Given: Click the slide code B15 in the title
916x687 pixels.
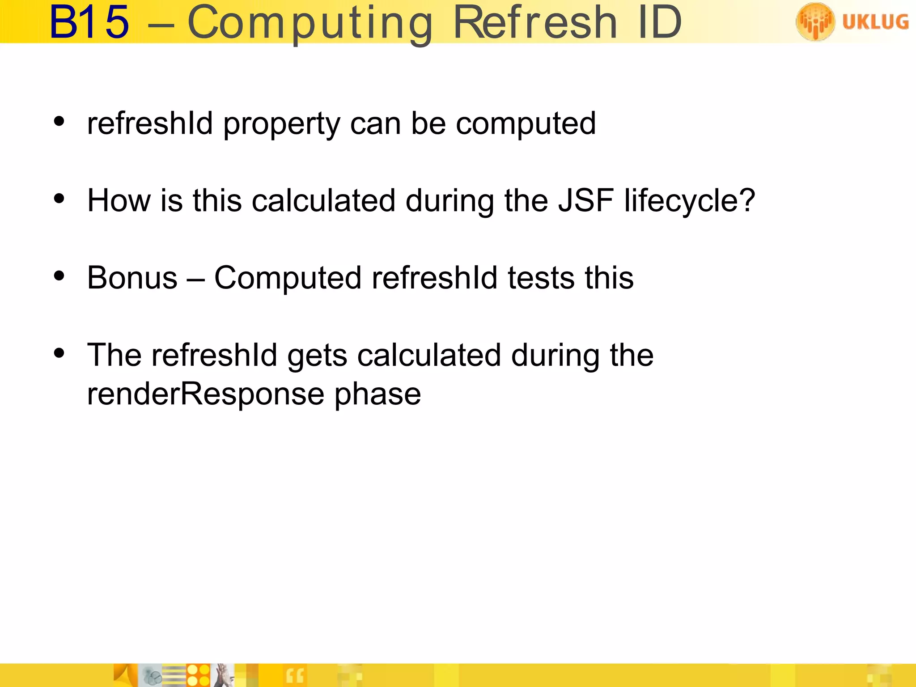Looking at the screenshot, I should [x=89, y=22].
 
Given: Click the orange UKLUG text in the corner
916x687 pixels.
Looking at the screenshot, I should [x=875, y=21].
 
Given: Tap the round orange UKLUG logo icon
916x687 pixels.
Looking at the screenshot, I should [x=815, y=21].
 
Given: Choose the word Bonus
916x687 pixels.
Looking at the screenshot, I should [x=132, y=278].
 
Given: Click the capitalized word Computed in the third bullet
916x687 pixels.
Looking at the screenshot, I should [x=288, y=279].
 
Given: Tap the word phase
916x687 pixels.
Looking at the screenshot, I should [x=377, y=395].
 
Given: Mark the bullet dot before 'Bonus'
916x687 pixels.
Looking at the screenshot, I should [x=59, y=276].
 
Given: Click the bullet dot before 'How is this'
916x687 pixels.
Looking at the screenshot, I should [x=59, y=199].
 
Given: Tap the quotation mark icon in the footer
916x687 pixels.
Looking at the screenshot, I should [x=295, y=676].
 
